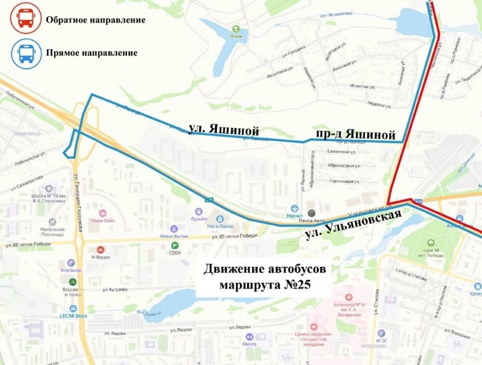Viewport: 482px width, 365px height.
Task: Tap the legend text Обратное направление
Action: click(x=95, y=20)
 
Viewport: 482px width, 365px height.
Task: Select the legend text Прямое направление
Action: click(x=92, y=53)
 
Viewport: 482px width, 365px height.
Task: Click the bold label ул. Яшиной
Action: click(x=224, y=129)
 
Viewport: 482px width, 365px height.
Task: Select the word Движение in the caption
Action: click(x=232, y=268)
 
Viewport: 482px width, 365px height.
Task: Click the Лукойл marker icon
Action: click(x=198, y=211)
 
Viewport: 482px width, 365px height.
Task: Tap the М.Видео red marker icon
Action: click(x=100, y=250)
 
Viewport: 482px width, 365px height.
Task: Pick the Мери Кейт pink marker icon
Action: click(x=102, y=213)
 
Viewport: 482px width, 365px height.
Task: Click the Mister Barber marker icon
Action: click(x=174, y=229)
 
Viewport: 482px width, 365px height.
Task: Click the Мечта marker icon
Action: click(x=249, y=336)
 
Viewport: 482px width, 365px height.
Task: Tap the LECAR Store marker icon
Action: click(x=73, y=308)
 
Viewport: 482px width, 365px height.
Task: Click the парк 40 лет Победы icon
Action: click(x=430, y=243)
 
